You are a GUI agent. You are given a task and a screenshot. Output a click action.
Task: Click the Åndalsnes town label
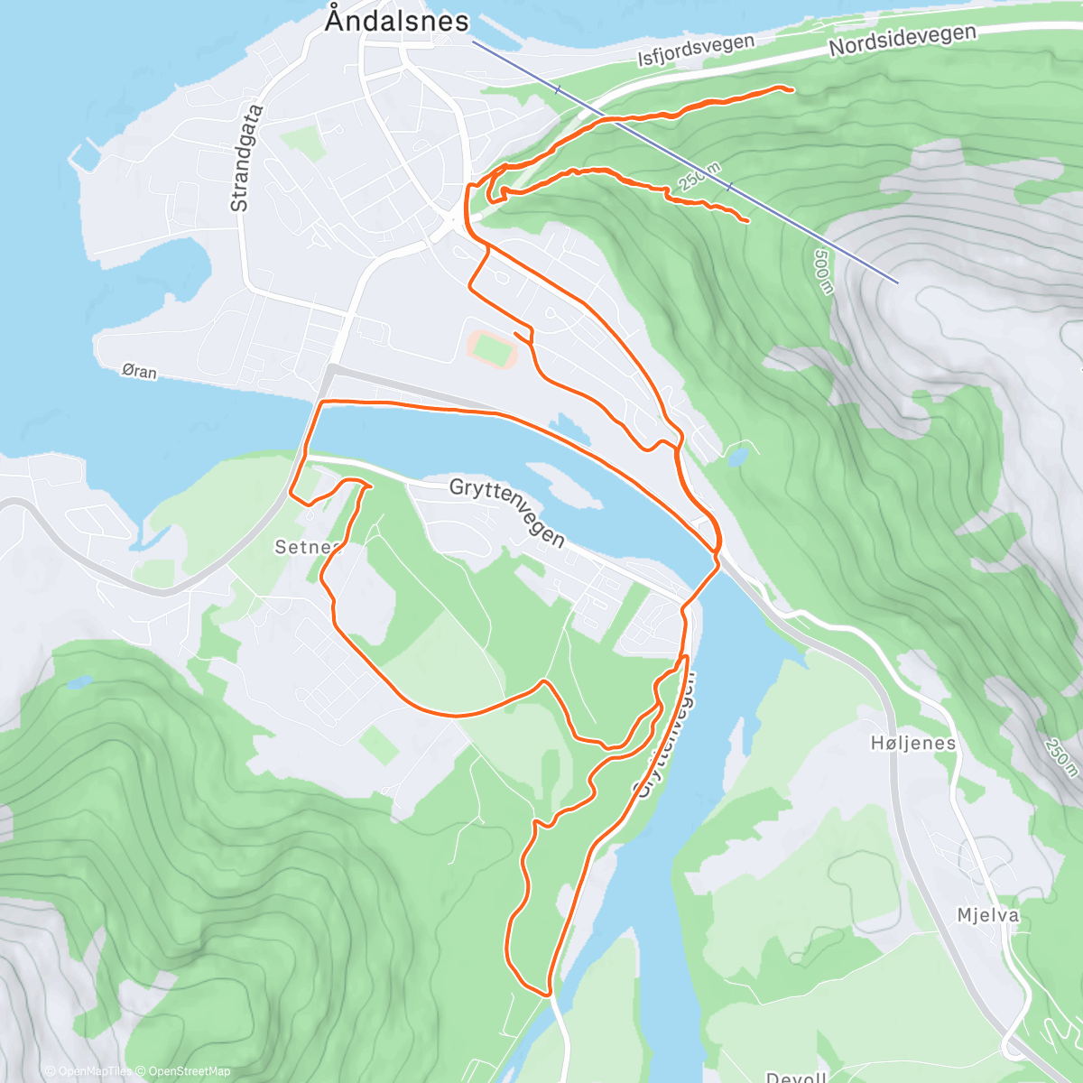[397, 21]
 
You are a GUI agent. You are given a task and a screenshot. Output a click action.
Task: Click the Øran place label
[139, 371]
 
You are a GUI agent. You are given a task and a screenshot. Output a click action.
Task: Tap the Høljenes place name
[913, 743]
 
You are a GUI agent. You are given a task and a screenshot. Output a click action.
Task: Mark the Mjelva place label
[988, 915]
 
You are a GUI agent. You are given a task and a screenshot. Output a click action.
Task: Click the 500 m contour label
[823, 271]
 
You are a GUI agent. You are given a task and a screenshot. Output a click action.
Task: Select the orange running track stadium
[492, 348]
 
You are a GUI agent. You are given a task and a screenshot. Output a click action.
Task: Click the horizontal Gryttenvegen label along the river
[507, 513]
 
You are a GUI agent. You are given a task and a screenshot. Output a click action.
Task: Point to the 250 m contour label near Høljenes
[1061, 757]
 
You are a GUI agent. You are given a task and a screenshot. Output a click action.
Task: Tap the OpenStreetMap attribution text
[184, 1071]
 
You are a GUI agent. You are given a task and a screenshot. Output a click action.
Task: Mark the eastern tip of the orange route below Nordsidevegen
[791, 89]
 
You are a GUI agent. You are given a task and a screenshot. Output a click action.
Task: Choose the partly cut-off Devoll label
[795, 1077]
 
